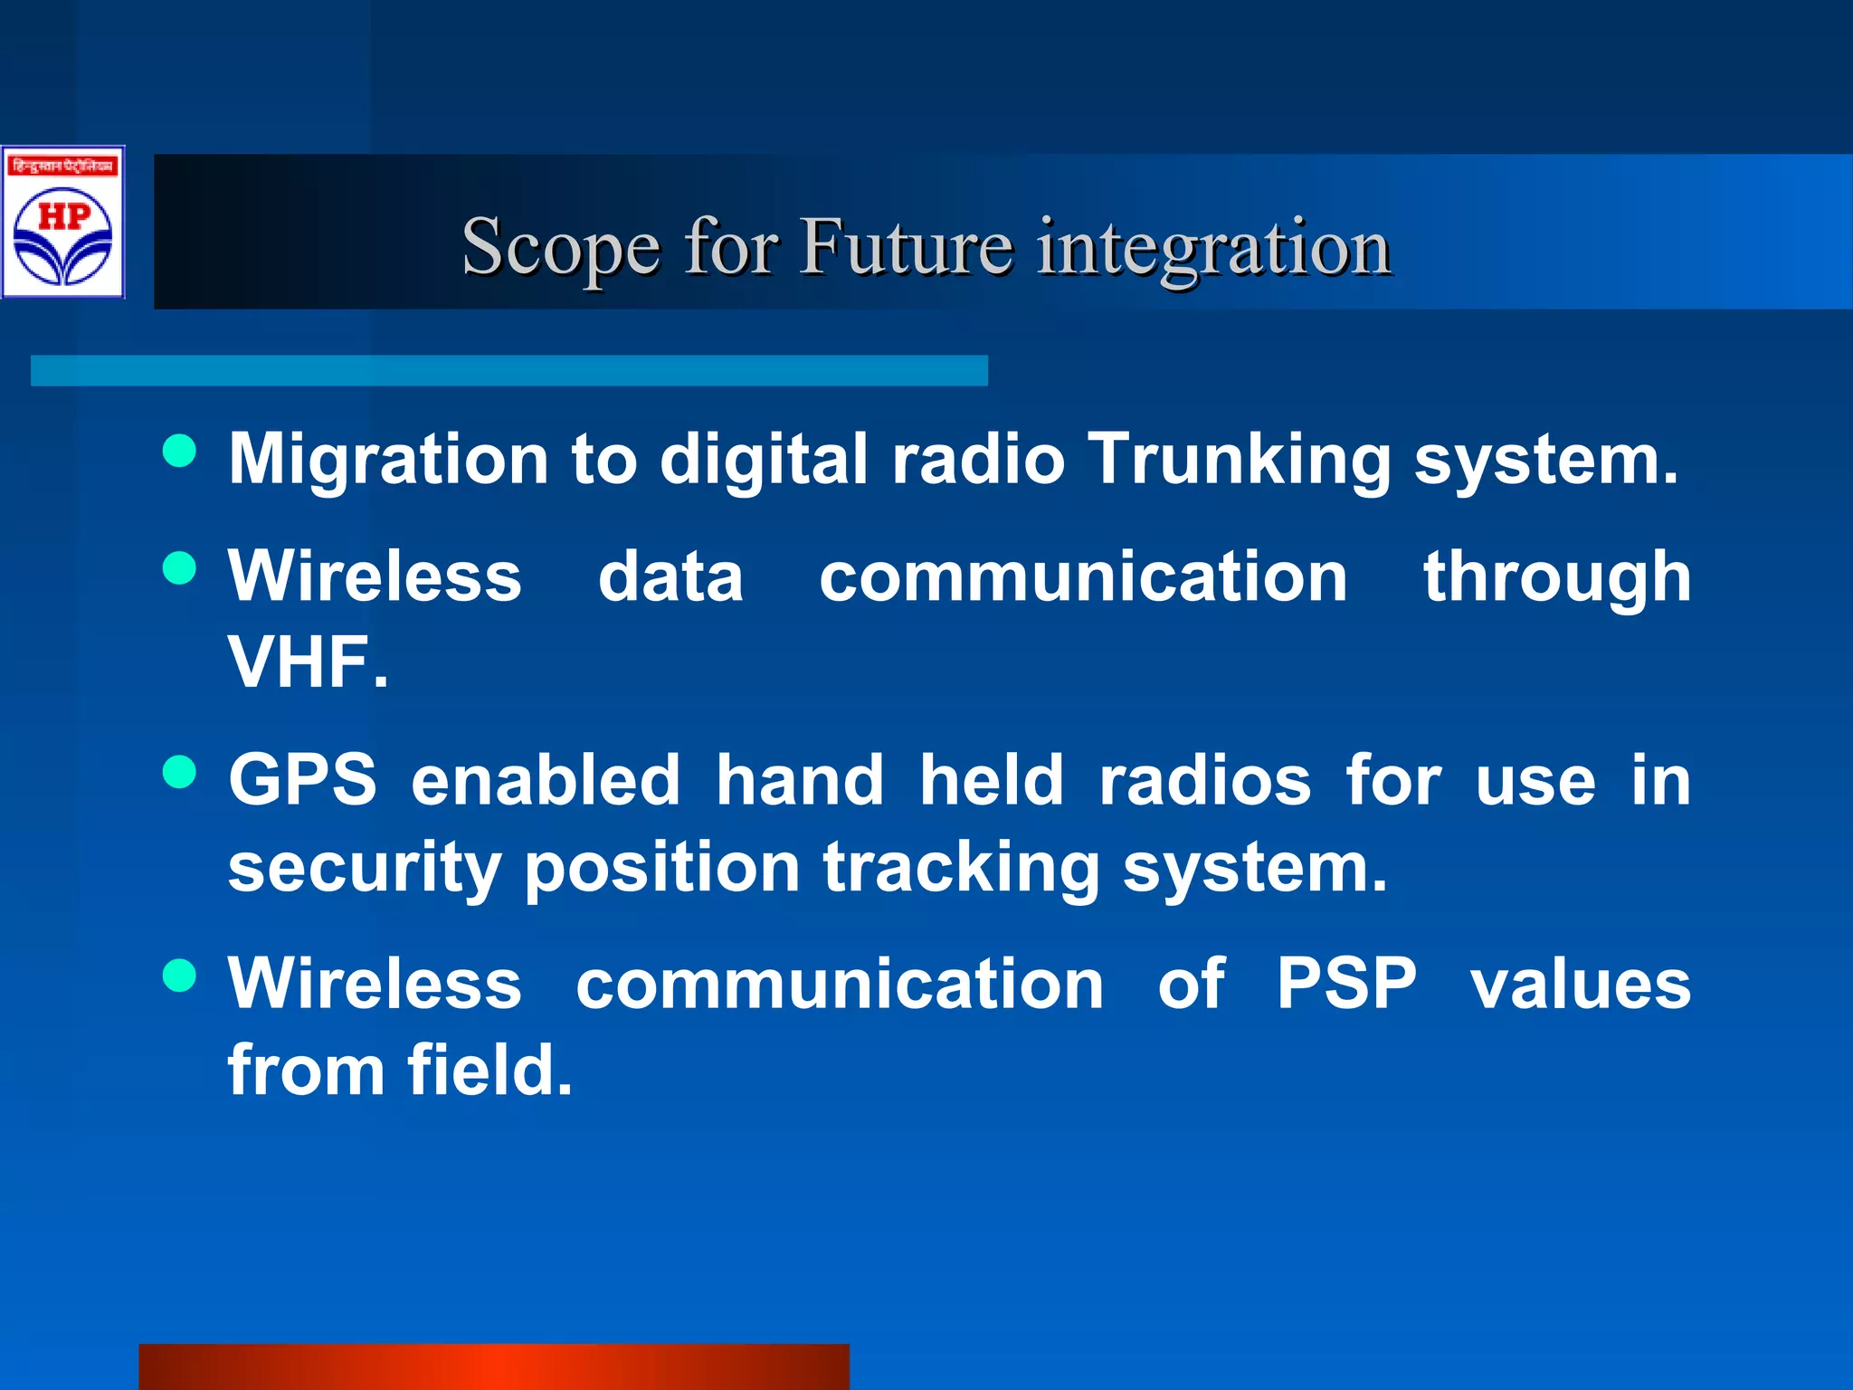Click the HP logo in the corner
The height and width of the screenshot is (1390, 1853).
click(62, 223)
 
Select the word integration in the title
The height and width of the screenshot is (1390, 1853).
click(1213, 247)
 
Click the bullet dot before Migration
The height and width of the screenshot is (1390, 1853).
click(180, 451)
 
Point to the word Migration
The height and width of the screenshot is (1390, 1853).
click(388, 459)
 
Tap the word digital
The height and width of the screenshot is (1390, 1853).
click(765, 459)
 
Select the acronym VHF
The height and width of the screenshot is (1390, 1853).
click(308, 662)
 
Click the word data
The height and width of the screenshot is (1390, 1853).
click(670, 576)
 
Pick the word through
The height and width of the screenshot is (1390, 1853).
click(1556, 578)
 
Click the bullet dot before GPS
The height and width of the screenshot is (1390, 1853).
click(180, 772)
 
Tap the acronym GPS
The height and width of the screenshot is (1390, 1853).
click(302, 780)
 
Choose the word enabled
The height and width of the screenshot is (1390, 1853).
click(546, 780)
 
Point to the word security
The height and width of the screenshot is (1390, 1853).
click(364, 868)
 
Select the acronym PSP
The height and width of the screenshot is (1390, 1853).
click(1346, 984)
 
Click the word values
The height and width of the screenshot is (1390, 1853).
click(1580, 985)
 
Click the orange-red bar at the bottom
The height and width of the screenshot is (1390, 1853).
click(494, 1366)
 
